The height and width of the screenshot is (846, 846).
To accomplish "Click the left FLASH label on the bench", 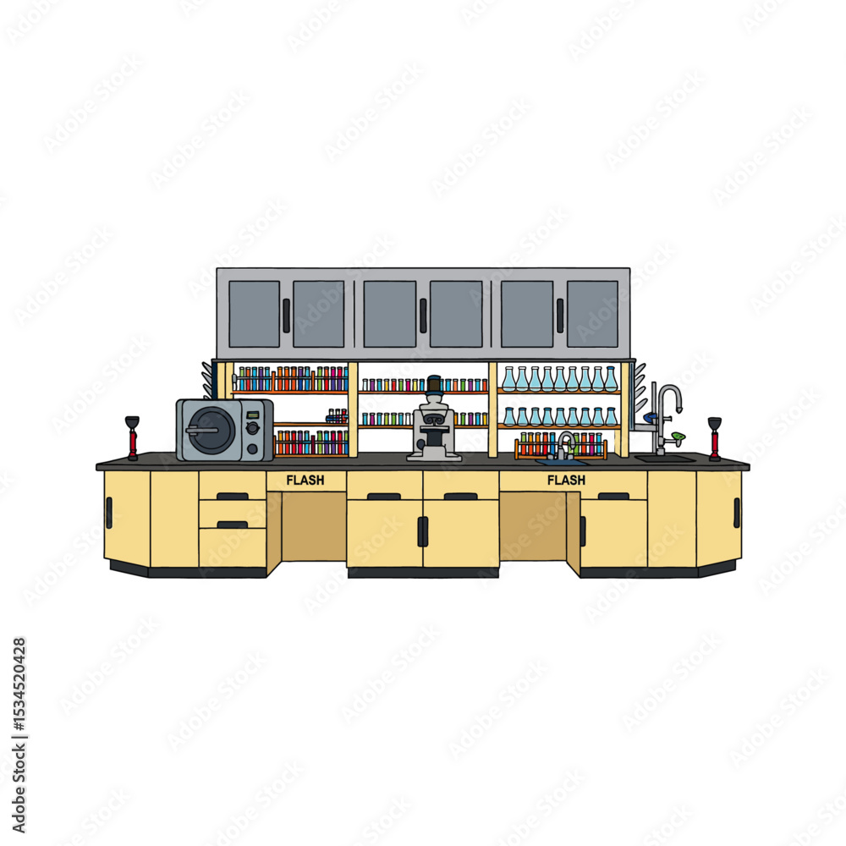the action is [305, 480].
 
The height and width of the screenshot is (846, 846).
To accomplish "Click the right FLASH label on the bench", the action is [566, 480].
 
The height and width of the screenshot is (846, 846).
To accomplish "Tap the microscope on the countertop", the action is [433, 419].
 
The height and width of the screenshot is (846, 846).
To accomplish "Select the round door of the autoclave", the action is [212, 430].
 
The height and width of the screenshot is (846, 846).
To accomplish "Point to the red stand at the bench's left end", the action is [132, 438].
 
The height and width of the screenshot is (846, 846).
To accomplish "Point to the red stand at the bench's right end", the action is [715, 438].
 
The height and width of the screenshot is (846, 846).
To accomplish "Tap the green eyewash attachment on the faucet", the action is [678, 436].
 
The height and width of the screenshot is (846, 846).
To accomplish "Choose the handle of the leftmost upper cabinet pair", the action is [286, 316].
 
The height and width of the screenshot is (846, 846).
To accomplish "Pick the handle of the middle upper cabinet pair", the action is [423, 316].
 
